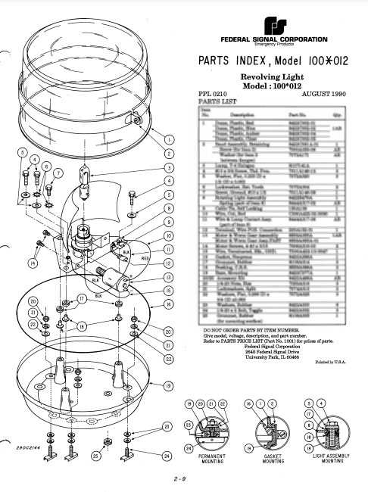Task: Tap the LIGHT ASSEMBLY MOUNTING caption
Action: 326,460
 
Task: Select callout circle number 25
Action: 95,457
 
